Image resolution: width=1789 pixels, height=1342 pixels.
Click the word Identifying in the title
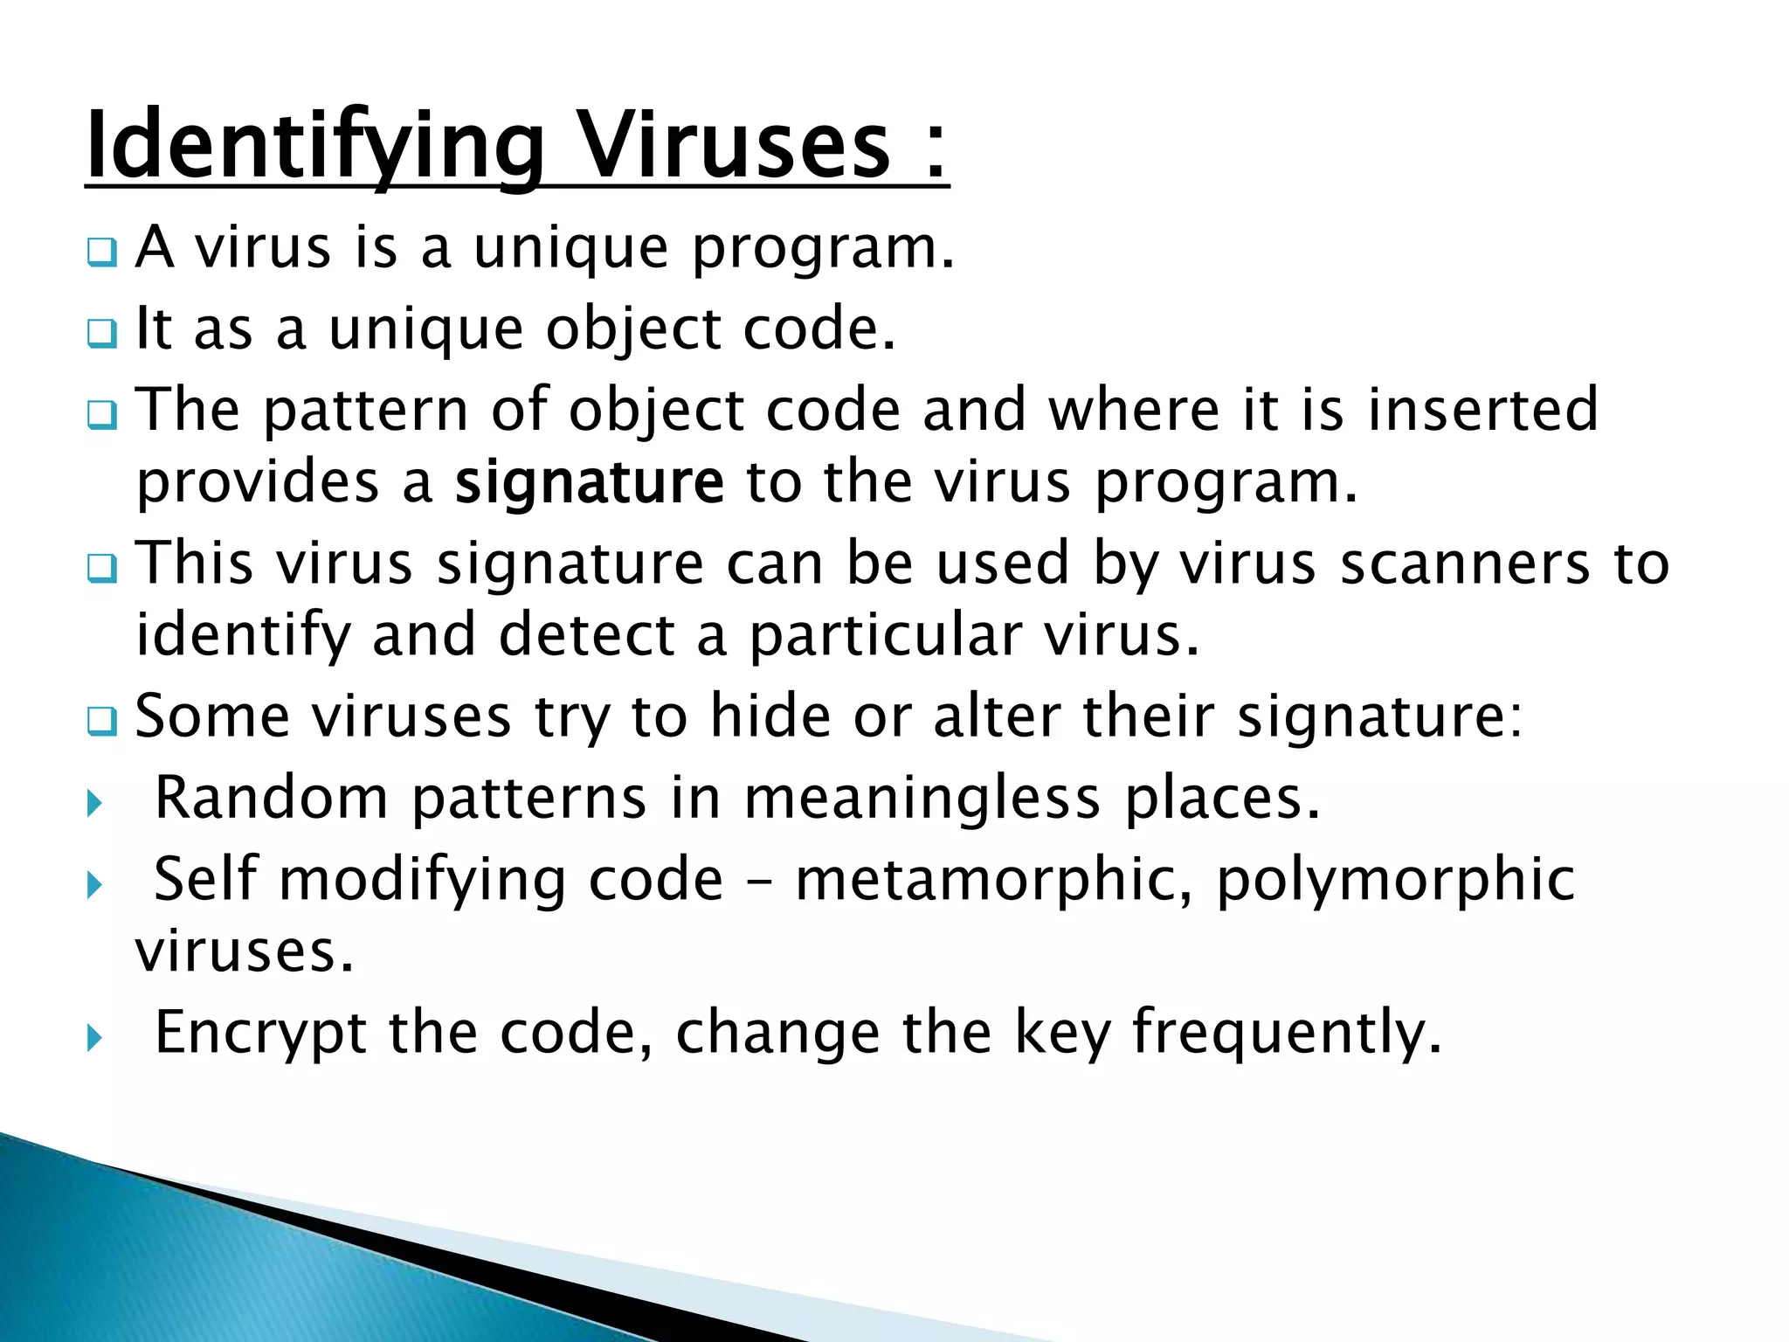[x=315, y=144]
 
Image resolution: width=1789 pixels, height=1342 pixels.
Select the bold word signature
[x=590, y=482]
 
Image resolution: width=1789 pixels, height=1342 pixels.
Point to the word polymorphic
[x=1395, y=881]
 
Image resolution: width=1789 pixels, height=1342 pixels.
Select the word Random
[x=271, y=798]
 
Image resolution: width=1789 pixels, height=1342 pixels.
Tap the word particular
[x=885, y=635]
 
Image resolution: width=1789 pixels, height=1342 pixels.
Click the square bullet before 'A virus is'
[x=101, y=254]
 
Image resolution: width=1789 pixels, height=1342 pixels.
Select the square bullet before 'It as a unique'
[x=101, y=335]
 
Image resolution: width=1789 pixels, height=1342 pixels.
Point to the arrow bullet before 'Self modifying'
[x=95, y=886]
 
